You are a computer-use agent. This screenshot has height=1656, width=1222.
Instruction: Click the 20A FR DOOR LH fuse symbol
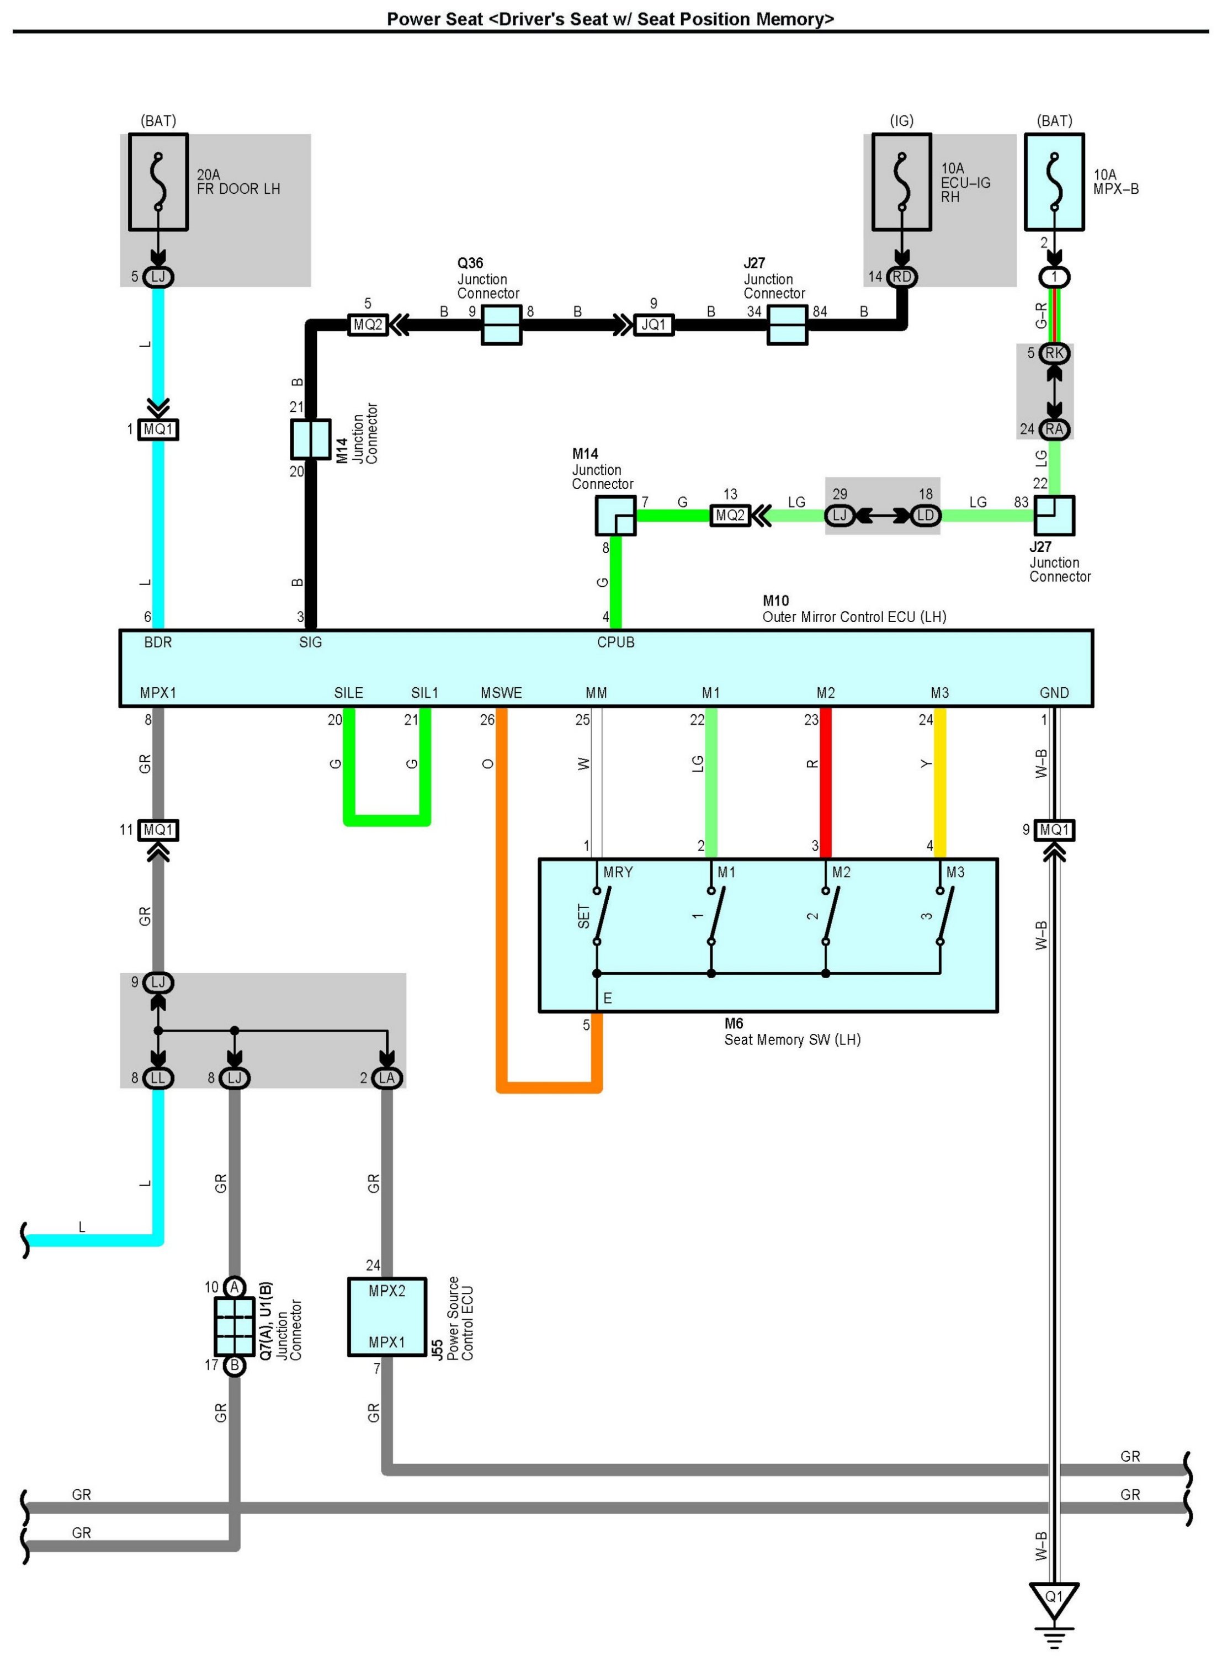click(x=158, y=182)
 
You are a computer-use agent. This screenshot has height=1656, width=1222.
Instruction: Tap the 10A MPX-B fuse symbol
click(x=1054, y=182)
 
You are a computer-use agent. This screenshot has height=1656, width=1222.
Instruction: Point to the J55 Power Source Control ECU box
click(x=387, y=1317)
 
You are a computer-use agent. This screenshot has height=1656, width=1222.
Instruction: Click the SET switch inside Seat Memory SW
click(x=601, y=916)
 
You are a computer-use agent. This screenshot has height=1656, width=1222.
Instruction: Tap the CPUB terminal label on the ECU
click(x=615, y=642)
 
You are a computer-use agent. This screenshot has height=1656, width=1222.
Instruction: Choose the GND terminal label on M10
click(x=1054, y=693)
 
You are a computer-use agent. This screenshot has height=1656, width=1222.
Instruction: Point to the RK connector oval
click(x=1054, y=353)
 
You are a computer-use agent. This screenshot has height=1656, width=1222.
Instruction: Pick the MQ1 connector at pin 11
click(x=158, y=830)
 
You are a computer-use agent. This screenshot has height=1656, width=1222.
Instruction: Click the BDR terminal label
click(x=158, y=642)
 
